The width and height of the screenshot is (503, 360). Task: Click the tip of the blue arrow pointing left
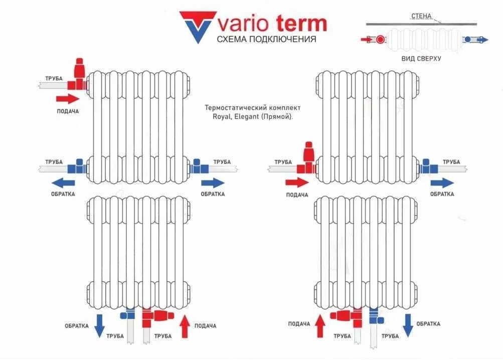click(x=51, y=183)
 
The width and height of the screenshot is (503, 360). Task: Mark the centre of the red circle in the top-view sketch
click(x=381, y=40)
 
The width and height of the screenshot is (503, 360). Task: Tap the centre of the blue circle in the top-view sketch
click(x=468, y=40)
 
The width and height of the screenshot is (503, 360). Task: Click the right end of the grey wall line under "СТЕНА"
click(x=477, y=24)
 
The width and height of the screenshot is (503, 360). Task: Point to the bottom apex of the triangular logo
click(x=198, y=44)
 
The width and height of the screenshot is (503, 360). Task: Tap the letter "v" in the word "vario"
click(x=224, y=25)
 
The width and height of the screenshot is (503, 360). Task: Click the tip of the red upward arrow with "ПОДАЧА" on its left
click(x=320, y=315)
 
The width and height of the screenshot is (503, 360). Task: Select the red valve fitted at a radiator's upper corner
click(x=78, y=75)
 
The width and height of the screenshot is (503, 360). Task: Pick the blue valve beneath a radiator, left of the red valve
click(x=128, y=314)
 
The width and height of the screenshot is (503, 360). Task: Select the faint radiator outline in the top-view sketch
click(x=424, y=40)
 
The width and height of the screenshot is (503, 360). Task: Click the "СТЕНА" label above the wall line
click(x=421, y=16)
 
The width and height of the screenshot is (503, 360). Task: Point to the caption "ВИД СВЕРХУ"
click(x=421, y=59)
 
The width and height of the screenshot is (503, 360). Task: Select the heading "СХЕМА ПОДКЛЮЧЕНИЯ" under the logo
click(x=266, y=39)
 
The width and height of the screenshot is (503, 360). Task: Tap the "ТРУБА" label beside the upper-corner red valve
click(x=54, y=79)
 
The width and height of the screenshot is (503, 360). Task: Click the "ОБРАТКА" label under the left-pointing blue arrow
click(x=63, y=194)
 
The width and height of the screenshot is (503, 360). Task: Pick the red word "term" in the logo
click(x=301, y=24)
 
